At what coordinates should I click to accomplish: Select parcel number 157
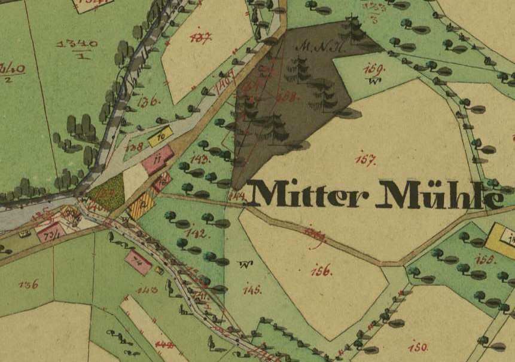(x=365, y=159)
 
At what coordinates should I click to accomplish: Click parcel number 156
(x=321, y=271)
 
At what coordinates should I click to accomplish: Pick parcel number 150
(x=418, y=346)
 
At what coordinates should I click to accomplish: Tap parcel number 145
(x=252, y=290)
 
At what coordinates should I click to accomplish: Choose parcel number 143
(x=200, y=159)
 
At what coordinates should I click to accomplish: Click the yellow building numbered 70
(x=160, y=136)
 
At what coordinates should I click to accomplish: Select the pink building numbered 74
(x=139, y=262)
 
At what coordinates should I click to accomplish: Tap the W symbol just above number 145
(x=244, y=263)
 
